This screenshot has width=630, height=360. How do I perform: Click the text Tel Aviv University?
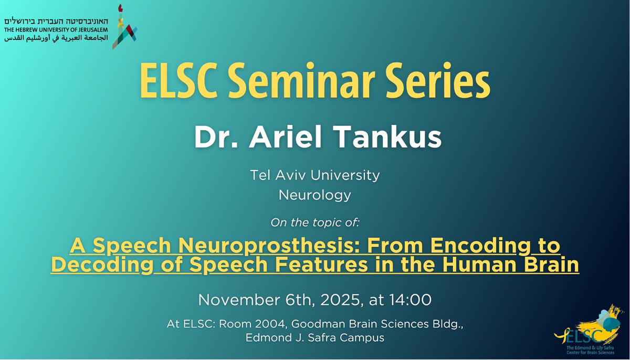[315, 175]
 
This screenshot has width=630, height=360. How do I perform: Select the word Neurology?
[315, 196]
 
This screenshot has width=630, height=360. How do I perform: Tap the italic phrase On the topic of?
[315, 223]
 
